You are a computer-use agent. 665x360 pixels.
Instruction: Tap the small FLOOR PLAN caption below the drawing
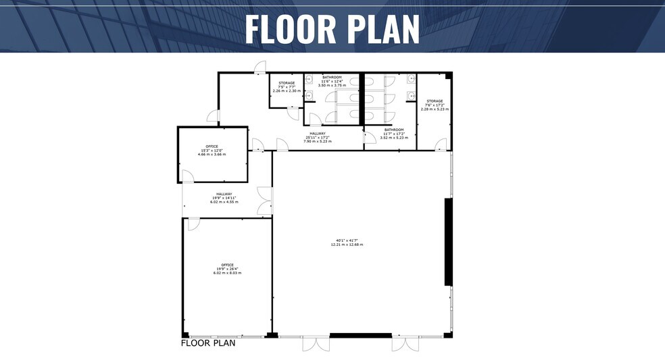(x=207, y=343)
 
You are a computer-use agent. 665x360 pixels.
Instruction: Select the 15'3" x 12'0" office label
(x=212, y=150)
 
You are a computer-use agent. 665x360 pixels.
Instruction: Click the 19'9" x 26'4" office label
(x=226, y=269)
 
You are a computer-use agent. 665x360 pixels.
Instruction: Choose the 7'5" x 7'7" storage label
(x=287, y=86)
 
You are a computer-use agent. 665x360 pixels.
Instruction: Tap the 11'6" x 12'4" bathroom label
(x=332, y=81)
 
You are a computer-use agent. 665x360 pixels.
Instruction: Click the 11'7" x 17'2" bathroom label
(x=394, y=133)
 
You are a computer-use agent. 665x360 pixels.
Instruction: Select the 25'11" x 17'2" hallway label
(x=318, y=137)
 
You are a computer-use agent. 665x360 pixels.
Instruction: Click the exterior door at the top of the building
(x=260, y=66)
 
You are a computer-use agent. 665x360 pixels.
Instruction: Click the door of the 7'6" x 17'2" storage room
(x=441, y=145)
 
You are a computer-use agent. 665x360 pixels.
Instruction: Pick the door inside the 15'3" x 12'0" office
(x=187, y=177)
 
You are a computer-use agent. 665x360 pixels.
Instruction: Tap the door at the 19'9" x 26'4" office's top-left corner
(x=193, y=223)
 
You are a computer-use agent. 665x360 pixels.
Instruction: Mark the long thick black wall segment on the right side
(x=447, y=241)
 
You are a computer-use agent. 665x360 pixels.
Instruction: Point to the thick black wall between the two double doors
(x=360, y=335)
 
